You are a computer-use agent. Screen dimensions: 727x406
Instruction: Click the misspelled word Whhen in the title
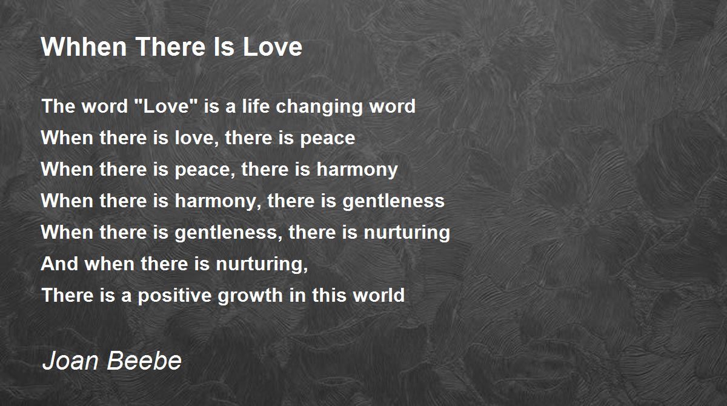pos(84,47)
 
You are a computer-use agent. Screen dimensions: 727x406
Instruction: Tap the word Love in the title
pos(272,47)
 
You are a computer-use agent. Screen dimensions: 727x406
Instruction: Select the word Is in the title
pos(224,47)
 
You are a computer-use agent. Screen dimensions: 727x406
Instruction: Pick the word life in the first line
pos(256,106)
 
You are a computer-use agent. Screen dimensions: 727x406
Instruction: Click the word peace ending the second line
pos(328,139)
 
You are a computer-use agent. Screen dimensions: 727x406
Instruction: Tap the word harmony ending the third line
pos(357,170)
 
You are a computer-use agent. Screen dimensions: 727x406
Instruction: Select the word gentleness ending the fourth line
pos(393,202)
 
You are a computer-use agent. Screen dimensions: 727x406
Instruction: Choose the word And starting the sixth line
pos(60,264)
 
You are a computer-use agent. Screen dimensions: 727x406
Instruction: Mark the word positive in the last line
pos(174,296)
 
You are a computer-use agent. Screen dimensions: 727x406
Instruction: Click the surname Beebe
pos(144,361)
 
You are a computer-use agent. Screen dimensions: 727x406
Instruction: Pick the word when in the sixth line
pos(110,264)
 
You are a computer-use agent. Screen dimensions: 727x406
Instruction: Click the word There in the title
pos(170,47)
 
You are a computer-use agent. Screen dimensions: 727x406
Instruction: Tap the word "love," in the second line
pos(197,139)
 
